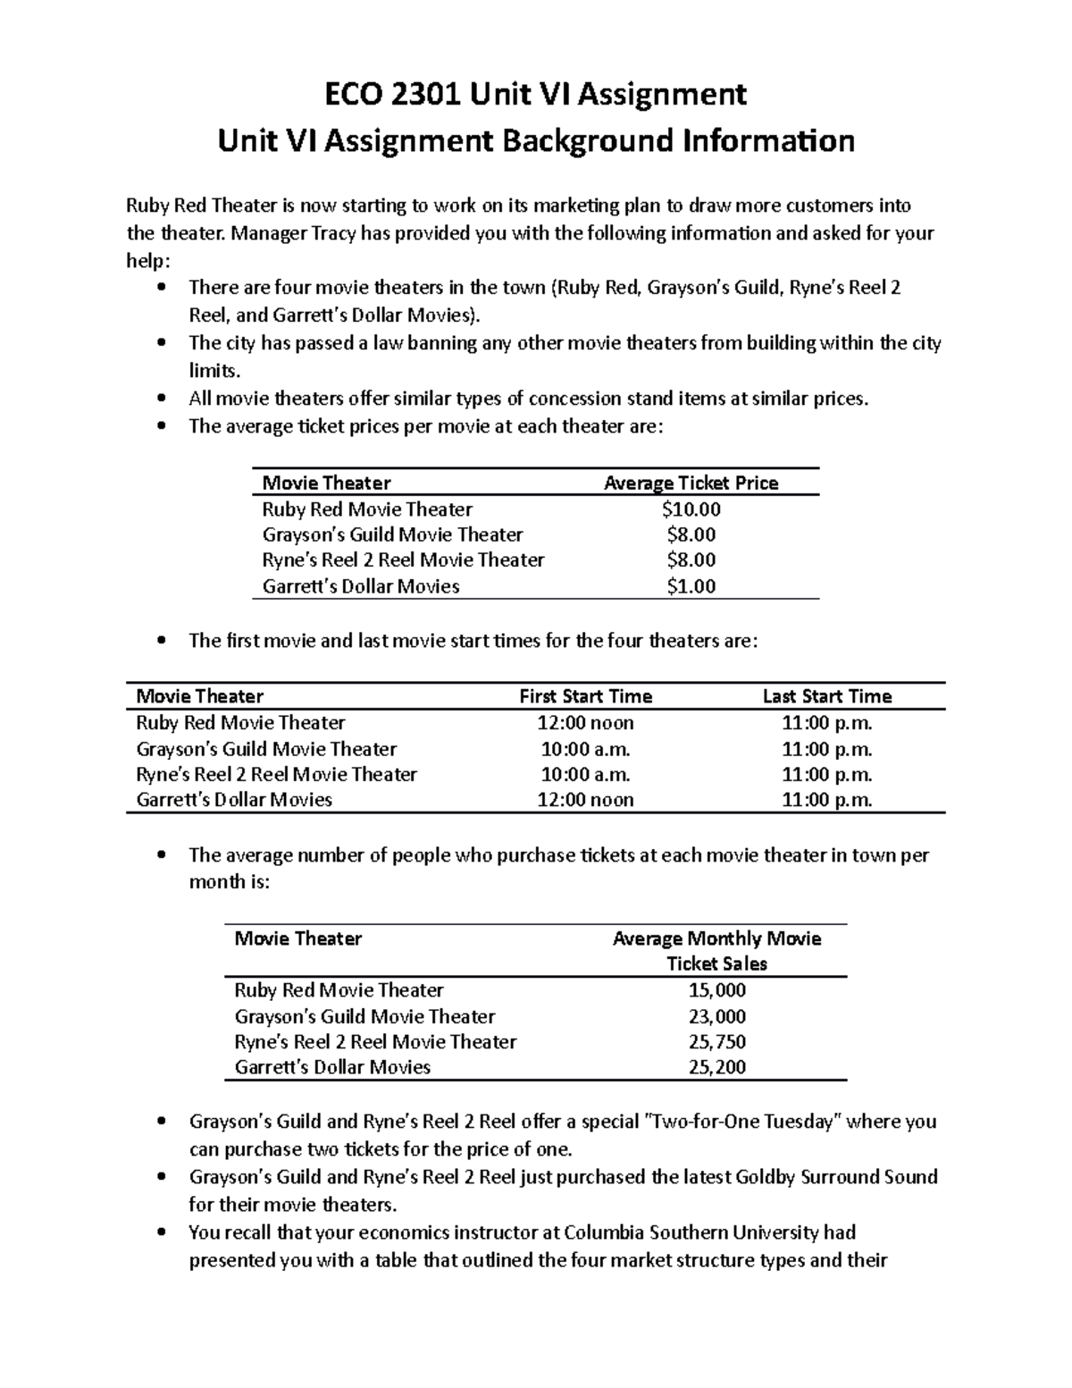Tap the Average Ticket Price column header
point(691,484)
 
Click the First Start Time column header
point(585,696)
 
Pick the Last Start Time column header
point(826,696)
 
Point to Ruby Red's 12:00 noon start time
point(585,722)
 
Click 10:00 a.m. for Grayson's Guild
point(585,749)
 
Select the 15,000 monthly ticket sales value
point(716,990)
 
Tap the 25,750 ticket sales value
point(716,1042)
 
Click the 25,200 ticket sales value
point(716,1067)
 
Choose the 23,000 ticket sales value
point(716,1016)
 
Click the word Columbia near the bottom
point(605,1232)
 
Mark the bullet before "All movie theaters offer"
point(161,399)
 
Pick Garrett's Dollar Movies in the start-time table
point(234,800)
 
